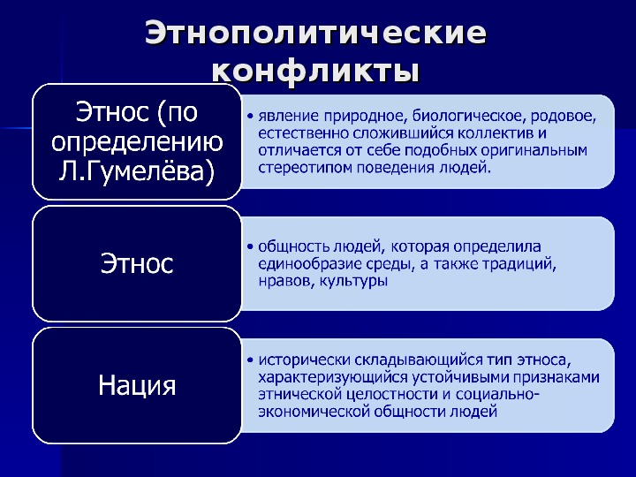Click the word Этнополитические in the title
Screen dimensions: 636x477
(315, 33)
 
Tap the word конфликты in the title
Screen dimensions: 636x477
(315, 72)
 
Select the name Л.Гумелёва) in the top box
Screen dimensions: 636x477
(137, 171)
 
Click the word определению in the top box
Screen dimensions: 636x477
(137, 143)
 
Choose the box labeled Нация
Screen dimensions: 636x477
(137, 385)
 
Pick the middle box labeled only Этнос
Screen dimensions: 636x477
(137, 263)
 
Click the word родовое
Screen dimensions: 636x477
(564, 116)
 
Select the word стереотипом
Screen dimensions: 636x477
(306, 168)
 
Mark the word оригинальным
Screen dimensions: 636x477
(534, 150)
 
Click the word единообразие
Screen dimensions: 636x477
(310, 264)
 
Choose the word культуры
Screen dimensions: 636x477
(353, 281)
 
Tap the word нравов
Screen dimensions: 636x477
(286, 281)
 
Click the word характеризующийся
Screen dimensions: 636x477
(333, 378)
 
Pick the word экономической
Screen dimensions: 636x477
(314, 412)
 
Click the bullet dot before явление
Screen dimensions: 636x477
(250, 117)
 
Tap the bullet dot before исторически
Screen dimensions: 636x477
(250, 360)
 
